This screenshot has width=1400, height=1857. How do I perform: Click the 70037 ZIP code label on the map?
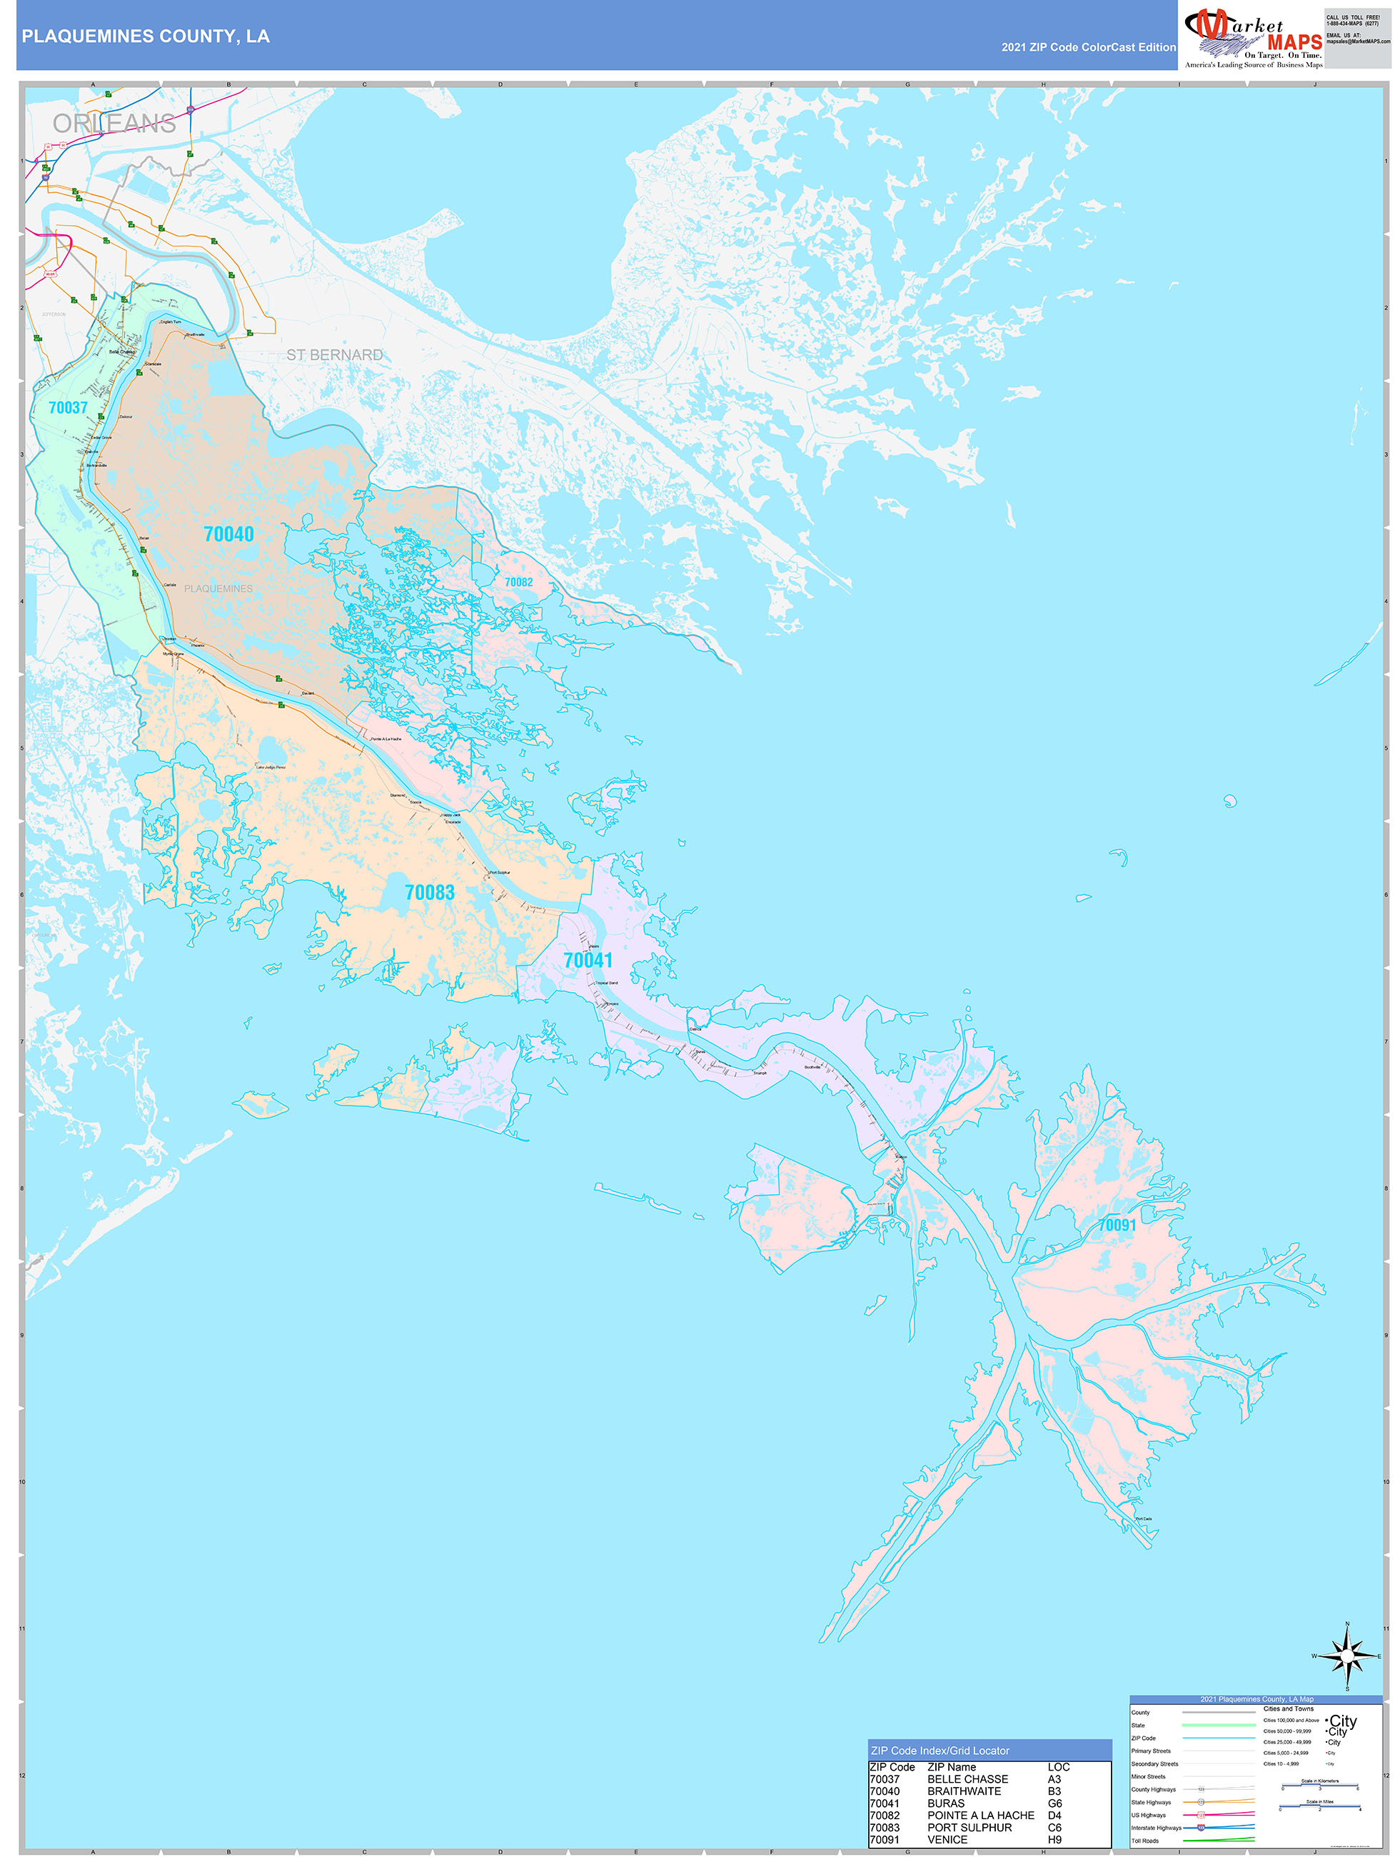pos(68,408)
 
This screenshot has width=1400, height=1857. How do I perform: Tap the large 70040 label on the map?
pos(228,534)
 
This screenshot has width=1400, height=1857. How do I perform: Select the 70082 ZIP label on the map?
pos(519,582)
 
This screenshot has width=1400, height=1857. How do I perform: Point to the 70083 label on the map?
pos(430,892)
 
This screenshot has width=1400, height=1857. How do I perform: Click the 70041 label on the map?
pos(588,961)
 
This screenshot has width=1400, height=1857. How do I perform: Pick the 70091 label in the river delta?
pos(1117,1225)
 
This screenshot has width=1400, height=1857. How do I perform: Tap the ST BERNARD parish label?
pos(334,355)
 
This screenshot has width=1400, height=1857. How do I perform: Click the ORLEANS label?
pos(114,124)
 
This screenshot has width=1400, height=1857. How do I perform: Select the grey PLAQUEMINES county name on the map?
pos(218,589)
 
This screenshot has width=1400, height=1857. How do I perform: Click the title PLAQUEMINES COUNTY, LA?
pos(145,36)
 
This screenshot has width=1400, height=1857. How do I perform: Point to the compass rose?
pos(1347,1656)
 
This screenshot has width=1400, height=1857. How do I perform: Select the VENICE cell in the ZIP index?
pos(947,1839)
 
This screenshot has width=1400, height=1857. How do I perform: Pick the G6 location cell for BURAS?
pos(1054,1803)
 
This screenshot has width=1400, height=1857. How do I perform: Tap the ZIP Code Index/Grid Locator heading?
pos(940,1751)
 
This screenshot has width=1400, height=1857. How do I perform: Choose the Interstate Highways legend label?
pos(1155,1828)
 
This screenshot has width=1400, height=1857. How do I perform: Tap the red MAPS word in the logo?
pos(1294,42)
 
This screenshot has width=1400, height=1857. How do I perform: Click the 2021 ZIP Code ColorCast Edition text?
pos(1088,47)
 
